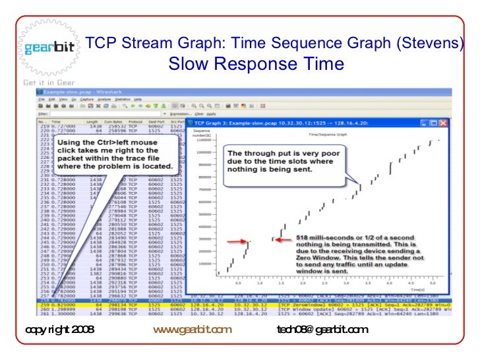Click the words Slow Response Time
(x=256, y=64)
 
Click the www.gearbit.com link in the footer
(x=192, y=330)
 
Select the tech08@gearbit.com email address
(x=322, y=330)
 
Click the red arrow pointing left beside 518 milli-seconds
(x=282, y=239)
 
